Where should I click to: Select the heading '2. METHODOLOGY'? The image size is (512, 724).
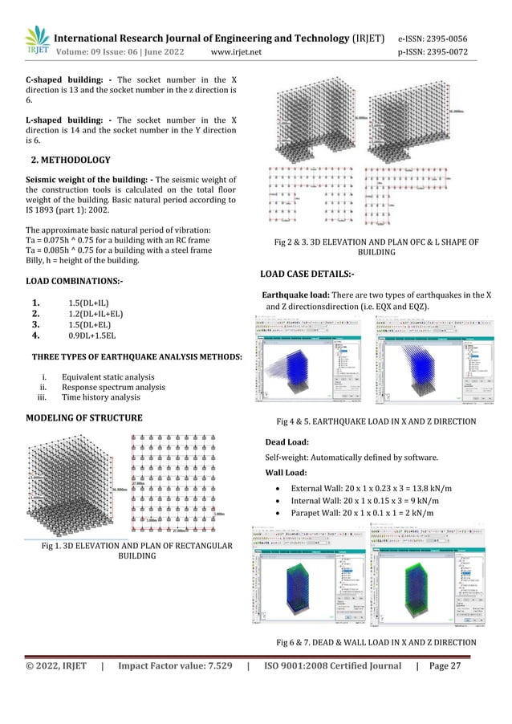[x=74, y=158]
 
